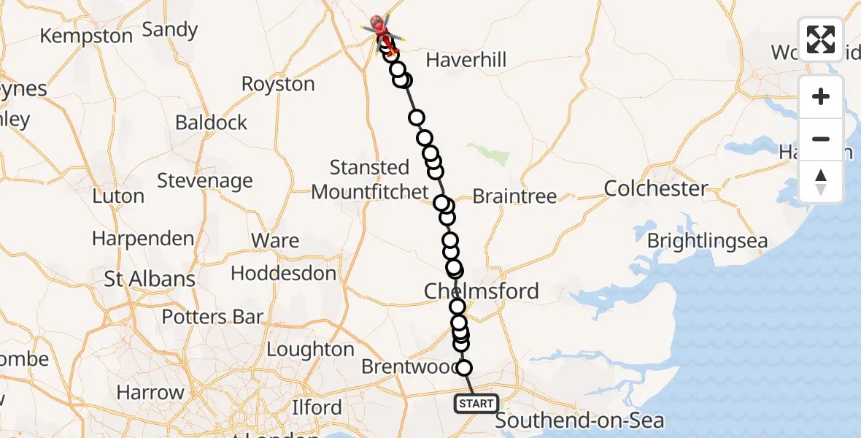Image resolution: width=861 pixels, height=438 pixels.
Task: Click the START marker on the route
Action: (x=476, y=403)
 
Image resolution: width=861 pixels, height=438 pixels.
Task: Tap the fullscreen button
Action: (x=821, y=39)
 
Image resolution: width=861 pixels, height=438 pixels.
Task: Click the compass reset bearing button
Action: (x=821, y=182)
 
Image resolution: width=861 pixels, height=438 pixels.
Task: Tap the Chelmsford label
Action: (x=482, y=291)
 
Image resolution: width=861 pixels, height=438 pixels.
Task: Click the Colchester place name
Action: (x=656, y=189)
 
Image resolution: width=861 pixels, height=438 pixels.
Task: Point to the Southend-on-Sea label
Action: (x=580, y=421)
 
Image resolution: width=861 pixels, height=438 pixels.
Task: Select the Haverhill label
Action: (x=466, y=60)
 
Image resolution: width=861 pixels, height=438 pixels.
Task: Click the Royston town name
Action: (x=278, y=84)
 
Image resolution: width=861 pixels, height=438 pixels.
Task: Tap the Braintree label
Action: (x=514, y=196)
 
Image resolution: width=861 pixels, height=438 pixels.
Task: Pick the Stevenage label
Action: (x=205, y=180)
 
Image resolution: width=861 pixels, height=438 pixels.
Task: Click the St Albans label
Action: (x=150, y=279)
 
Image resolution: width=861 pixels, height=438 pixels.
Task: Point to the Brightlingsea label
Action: (x=707, y=241)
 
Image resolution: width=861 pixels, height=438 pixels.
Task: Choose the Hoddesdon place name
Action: (x=283, y=274)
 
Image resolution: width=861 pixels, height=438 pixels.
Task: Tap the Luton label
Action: (x=118, y=196)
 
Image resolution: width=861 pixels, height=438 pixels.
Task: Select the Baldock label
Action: (x=212, y=122)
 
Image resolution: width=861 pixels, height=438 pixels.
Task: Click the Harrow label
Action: (x=150, y=393)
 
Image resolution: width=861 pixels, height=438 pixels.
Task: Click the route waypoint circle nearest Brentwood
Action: (x=463, y=368)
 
